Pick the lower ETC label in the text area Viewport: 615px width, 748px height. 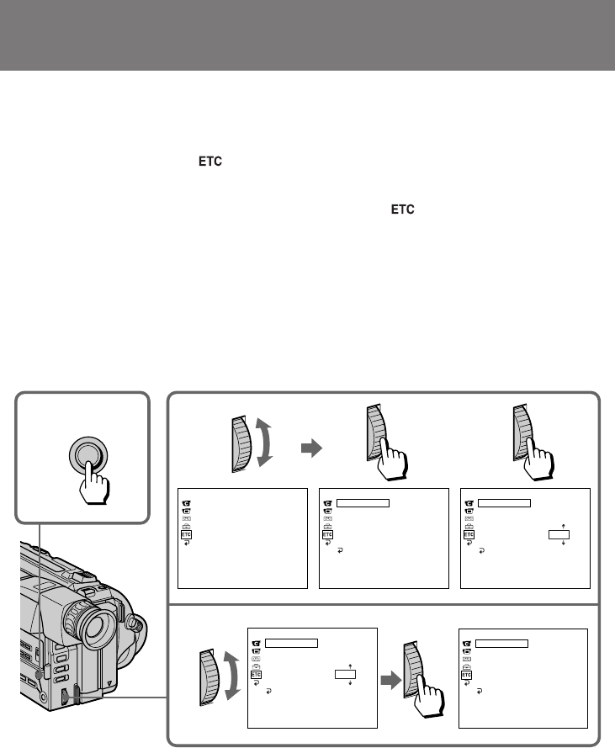(402, 210)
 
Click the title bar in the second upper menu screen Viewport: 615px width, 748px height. (363, 503)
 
